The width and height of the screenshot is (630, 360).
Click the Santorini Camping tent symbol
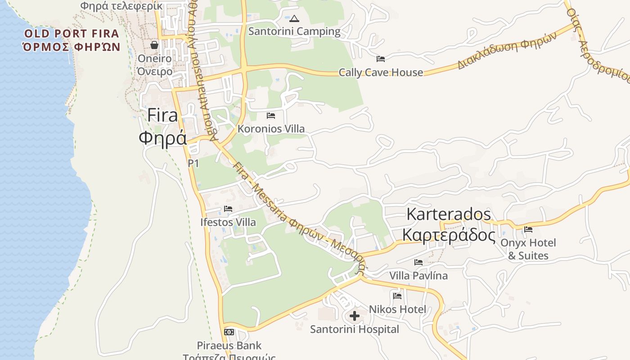pyautogui.click(x=294, y=18)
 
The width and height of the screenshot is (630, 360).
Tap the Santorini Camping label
pyautogui.click(x=294, y=31)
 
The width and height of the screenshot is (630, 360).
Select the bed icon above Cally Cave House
pyautogui.click(x=381, y=58)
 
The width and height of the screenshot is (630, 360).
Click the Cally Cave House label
pyautogui.click(x=381, y=72)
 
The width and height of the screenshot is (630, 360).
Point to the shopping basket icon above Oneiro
pyautogui.click(x=154, y=45)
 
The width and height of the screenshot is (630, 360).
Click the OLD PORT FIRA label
pyautogui.click(x=72, y=34)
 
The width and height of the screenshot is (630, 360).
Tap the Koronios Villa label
pyautogui.click(x=271, y=129)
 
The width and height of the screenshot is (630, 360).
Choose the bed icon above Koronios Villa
pyautogui.click(x=271, y=116)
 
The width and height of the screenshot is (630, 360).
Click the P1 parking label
pyautogui.click(x=193, y=163)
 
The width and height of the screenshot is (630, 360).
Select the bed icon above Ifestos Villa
pyautogui.click(x=228, y=209)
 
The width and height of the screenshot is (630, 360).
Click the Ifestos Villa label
pyautogui.click(x=228, y=222)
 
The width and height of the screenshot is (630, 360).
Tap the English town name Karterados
pyautogui.click(x=448, y=214)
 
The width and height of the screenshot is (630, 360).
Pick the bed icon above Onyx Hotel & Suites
pyautogui.click(x=528, y=229)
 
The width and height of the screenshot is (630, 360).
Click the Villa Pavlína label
pyautogui.click(x=418, y=275)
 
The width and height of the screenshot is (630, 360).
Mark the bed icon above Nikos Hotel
pyautogui.click(x=397, y=296)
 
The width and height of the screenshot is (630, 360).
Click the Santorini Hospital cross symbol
pyautogui.click(x=355, y=316)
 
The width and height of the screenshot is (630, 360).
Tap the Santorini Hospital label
pyautogui.click(x=355, y=329)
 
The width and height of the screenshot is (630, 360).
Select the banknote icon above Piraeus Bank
pyautogui.click(x=229, y=332)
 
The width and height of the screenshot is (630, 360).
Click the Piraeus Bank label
pyautogui.click(x=229, y=346)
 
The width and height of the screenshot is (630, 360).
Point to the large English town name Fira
pyautogui.click(x=162, y=116)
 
